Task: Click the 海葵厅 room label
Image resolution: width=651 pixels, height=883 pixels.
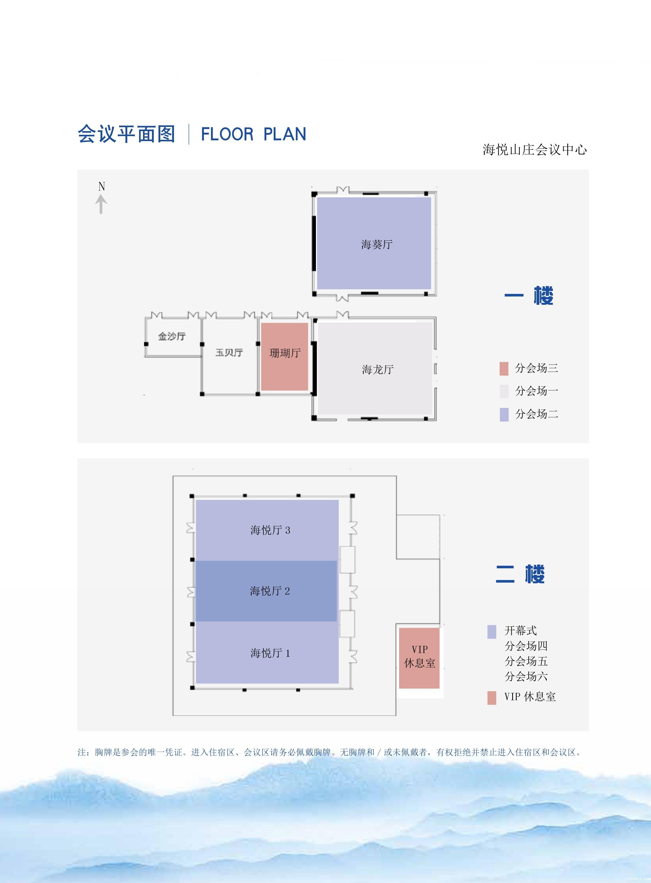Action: click(377, 245)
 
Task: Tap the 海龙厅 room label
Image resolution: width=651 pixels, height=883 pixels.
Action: click(378, 370)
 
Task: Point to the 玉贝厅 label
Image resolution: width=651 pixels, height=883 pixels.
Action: click(229, 352)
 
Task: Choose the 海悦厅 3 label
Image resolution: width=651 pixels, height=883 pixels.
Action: click(270, 530)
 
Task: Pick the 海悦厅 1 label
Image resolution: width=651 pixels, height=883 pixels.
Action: click(270, 653)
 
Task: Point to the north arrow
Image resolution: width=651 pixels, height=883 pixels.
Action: click(102, 205)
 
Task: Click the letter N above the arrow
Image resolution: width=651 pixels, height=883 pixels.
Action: click(102, 186)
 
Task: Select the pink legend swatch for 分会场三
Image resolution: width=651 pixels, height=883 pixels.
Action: click(504, 369)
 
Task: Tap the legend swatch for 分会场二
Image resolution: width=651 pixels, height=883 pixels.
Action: click(504, 414)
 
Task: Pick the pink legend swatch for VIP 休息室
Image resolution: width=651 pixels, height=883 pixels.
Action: click(491, 698)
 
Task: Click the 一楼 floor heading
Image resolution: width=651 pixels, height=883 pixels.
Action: click(529, 296)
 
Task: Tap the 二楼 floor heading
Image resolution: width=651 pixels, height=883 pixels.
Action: click(520, 574)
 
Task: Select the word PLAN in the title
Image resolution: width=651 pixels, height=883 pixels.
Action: click(284, 134)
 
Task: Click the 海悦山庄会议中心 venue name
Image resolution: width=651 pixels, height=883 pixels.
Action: click(534, 150)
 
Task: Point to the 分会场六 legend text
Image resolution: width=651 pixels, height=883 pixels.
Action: click(526, 676)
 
